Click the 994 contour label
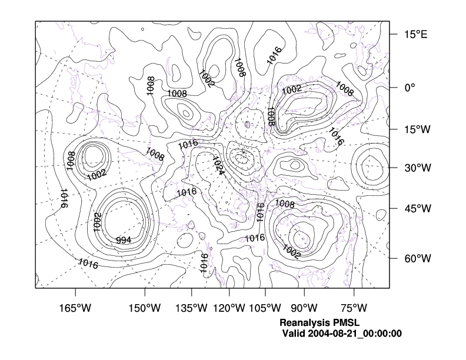[124, 240]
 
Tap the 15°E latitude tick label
[415, 34]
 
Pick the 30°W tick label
[417, 168]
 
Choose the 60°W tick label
[417, 259]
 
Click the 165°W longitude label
[76, 308]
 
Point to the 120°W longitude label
[229, 308]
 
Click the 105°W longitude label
[265, 308]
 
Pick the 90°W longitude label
[304, 308]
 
